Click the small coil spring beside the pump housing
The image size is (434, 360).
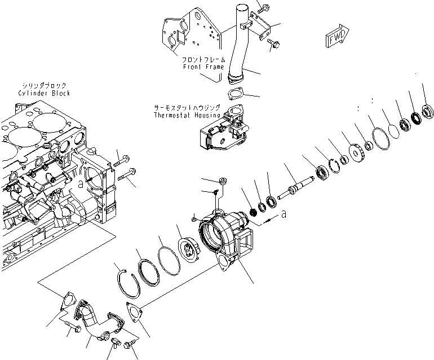253,212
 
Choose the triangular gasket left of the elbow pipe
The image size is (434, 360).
65,304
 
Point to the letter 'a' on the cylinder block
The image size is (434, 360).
81,183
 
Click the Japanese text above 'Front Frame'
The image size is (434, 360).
203,59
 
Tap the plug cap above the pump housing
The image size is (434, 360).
222,181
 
